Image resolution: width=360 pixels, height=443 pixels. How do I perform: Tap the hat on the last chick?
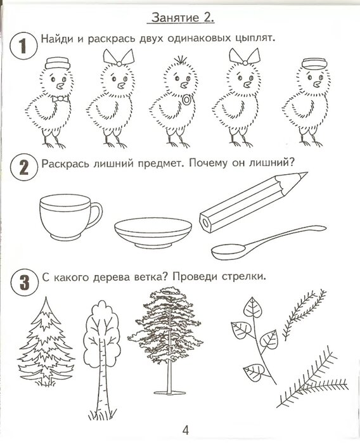311,63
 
